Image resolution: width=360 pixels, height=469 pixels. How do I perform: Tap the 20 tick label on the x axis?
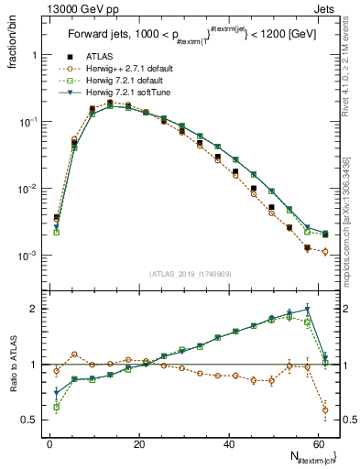tap(139, 444)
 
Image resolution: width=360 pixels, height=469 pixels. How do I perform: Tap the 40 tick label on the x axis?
tap(229, 444)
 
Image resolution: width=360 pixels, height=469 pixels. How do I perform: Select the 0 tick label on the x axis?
tap(49, 444)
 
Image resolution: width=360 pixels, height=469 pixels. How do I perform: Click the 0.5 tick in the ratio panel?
tap(30, 420)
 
